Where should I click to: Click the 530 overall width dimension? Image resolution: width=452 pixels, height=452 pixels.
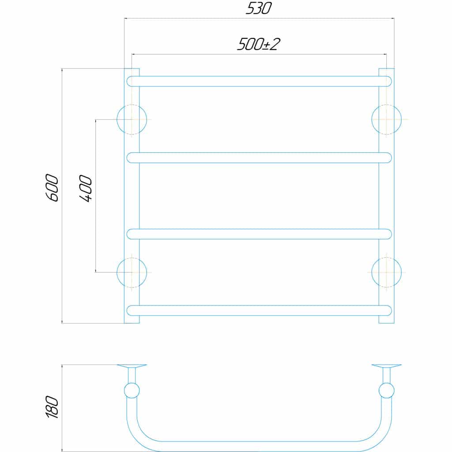(258, 8)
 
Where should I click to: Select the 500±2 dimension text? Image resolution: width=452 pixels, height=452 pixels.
(259, 45)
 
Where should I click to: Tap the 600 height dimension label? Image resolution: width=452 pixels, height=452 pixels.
(52, 188)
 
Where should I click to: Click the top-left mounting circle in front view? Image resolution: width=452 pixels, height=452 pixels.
(132, 120)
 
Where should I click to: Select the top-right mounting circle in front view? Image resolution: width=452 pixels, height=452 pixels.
(387, 120)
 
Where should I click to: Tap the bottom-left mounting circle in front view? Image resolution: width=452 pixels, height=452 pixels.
(132, 272)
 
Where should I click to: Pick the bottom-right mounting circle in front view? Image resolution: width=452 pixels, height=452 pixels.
(387, 272)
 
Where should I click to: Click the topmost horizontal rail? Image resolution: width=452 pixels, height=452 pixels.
(259, 81)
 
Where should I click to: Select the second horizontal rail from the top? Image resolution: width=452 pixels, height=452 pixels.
(259, 158)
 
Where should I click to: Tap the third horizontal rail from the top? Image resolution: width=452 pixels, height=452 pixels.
(259, 234)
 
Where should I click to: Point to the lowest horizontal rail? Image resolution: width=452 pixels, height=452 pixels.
(259, 310)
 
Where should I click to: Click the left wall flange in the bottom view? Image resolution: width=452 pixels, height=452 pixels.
(132, 366)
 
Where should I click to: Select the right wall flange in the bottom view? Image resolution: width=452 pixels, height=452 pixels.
(387, 366)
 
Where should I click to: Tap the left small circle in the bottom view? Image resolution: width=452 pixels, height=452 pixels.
(132, 391)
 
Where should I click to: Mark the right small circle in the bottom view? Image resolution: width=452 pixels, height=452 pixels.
(387, 391)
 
